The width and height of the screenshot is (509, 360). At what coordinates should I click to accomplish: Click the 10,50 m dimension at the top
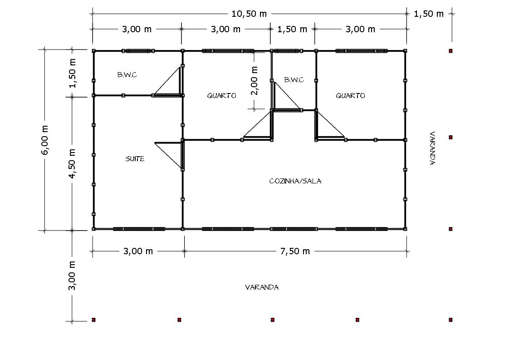[x=249, y=14]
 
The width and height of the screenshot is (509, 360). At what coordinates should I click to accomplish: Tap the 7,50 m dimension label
[x=295, y=251]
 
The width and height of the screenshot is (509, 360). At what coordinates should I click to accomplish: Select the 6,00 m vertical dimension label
[x=45, y=140]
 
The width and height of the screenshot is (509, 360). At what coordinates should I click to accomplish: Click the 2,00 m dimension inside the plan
[x=254, y=80]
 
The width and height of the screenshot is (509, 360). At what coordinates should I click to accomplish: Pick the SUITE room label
[x=135, y=159]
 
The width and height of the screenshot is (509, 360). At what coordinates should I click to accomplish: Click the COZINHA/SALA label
[x=295, y=181]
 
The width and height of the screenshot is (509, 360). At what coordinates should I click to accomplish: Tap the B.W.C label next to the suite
[x=127, y=75]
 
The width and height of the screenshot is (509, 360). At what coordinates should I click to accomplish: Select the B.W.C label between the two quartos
[x=294, y=80]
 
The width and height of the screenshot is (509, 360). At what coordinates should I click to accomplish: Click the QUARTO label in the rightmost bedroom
[x=350, y=95]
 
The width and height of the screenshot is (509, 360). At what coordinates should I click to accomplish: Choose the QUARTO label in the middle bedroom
[x=221, y=95]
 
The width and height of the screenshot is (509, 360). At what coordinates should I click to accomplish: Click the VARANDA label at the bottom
[x=262, y=287]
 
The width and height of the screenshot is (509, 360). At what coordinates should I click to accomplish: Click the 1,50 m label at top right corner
[x=429, y=14]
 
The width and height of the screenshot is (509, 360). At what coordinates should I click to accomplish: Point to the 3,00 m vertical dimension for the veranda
[x=72, y=276]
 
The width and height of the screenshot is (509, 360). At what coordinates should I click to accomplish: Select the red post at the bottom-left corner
[x=93, y=320]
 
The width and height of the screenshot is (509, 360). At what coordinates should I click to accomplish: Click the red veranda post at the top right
[x=450, y=51]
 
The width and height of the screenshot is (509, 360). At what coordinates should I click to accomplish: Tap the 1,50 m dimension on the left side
[x=72, y=74]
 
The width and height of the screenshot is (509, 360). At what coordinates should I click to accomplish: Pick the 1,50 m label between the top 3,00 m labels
[x=292, y=29]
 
